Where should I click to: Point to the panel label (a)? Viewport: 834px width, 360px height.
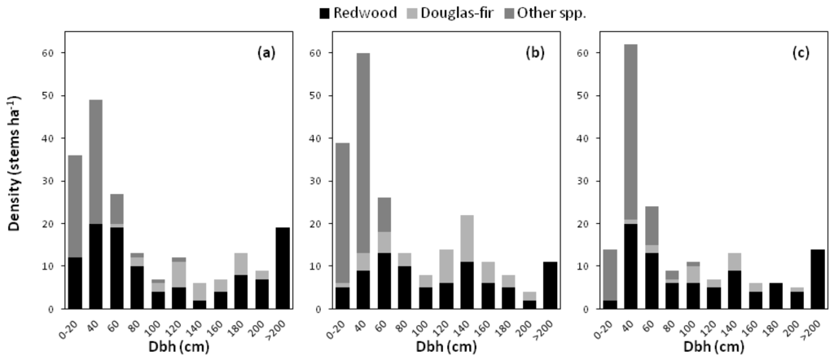(266, 53)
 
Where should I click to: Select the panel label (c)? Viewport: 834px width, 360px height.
(804, 53)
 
